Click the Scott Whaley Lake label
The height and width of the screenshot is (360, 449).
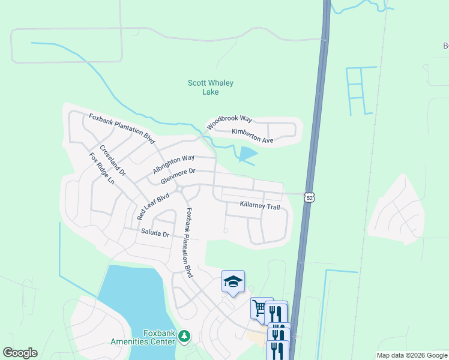click(x=210, y=88)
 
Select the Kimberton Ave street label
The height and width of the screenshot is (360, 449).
click(x=252, y=136)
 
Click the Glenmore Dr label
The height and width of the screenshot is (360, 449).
click(x=178, y=176)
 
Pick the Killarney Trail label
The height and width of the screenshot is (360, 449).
click(x=260, y=206)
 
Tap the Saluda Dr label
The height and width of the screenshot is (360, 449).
click(x=155, y=233)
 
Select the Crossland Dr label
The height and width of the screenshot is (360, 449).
click(x=113, y=160)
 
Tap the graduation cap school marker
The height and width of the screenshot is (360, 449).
click(x=233, y=281)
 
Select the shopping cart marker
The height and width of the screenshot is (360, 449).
click(x=259, y=308)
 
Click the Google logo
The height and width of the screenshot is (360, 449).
click(x=20, y=353)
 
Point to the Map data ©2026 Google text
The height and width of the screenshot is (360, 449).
click(x=411, y=355)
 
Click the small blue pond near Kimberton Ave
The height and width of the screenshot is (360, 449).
click(x=247, y=155)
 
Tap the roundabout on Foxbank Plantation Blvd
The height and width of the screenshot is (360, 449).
click(x=179, y=190)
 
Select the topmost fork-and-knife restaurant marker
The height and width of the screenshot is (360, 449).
click(x=276, y=312)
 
